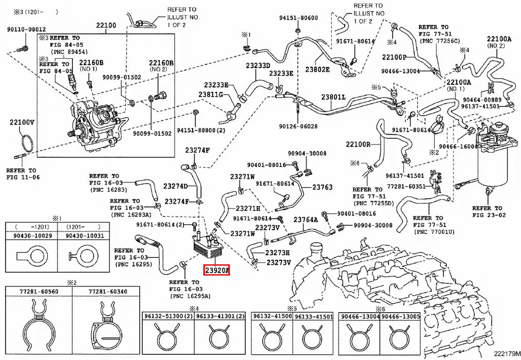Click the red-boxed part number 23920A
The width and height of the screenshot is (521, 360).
(217, 270)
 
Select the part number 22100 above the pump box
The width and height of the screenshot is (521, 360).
(106, 25)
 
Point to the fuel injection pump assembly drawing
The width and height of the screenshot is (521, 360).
(95, 125)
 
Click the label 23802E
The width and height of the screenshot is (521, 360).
(318, 69)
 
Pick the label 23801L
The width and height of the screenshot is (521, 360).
(333, 97)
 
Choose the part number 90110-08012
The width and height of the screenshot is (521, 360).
(27, 29)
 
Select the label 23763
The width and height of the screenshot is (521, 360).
(322, 187)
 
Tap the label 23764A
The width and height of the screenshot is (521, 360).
(306, 220)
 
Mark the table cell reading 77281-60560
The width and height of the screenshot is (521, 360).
(39, 292)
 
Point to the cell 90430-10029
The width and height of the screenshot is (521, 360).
(31, 236)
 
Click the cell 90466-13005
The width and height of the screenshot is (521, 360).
(400, 316)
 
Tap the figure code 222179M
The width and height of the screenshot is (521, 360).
(506, 353)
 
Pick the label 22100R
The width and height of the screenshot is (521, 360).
(358, 144)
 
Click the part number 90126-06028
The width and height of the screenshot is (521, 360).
(299, 127)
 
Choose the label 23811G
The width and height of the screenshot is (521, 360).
(211, 95)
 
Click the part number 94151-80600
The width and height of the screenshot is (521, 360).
(299, 18)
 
